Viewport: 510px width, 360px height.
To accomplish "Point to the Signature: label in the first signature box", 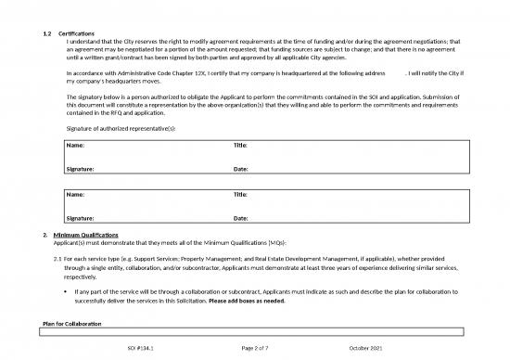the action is (x=81, y=169).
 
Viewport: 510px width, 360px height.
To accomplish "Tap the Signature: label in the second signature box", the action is (x=81, y=218).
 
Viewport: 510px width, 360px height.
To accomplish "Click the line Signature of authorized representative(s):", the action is (x=121, y=128).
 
